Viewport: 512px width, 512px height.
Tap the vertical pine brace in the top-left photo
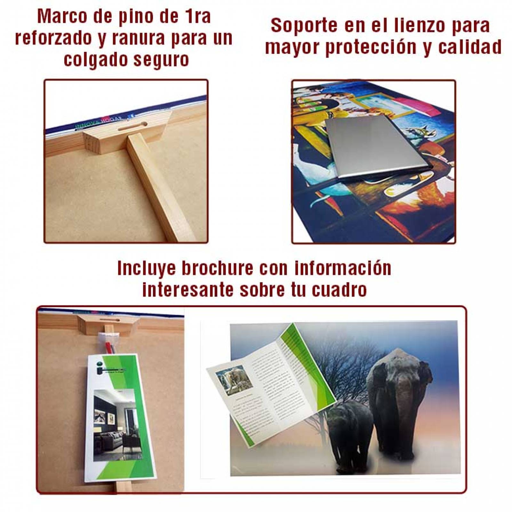(154, 186)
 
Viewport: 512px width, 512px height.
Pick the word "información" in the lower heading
(343, 268)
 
